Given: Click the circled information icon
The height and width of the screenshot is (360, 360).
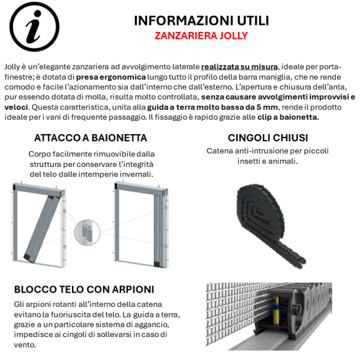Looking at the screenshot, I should [31, 27].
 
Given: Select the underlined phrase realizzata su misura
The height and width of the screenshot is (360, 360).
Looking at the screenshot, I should [239, 67].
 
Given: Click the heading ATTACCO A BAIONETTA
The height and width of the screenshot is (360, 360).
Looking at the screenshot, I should [90, 137].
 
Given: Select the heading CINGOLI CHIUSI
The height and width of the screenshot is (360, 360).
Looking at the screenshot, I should [268, 137].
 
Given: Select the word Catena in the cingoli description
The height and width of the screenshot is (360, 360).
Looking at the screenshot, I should [221, 151].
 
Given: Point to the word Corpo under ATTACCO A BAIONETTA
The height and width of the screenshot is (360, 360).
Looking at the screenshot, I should [40, 154].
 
